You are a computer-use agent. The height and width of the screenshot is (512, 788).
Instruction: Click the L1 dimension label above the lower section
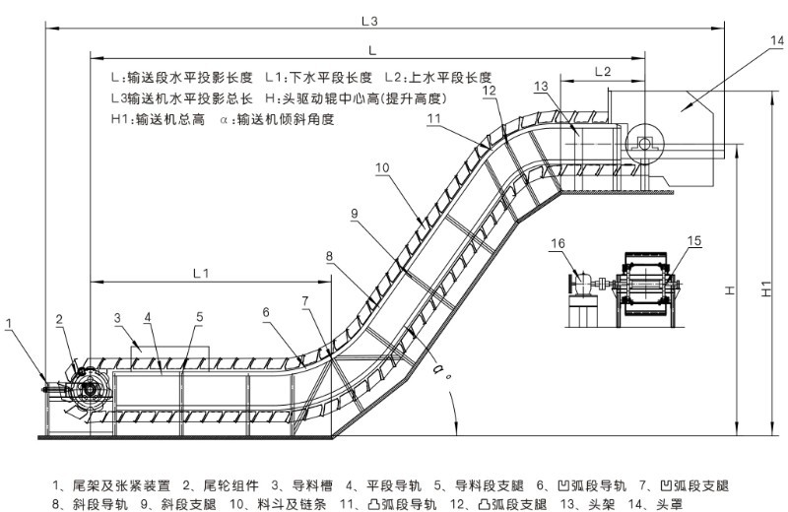coord(199,271)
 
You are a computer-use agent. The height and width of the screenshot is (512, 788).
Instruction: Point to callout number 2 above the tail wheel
coord(60,319)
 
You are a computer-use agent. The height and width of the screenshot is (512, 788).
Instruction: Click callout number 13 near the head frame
coord(540,86)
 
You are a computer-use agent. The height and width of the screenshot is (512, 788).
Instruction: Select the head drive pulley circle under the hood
coord(643,145)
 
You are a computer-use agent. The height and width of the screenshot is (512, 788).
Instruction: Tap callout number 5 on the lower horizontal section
coord(198,317)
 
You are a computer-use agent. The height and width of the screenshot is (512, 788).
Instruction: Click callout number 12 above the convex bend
coord(490,91)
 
